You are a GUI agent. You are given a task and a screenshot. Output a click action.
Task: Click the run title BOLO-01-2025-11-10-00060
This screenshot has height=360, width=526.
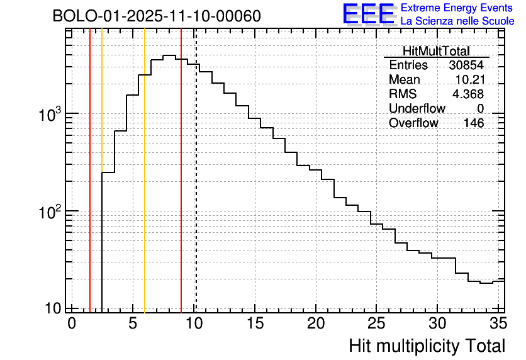pyautogui.click(x=156, y=16)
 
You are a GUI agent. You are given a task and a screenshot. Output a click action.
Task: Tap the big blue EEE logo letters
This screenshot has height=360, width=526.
pyautogui.click(x=368, y=14)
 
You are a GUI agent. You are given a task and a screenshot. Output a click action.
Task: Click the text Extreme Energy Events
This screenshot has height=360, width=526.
pyautogui.click(x=456, y=8)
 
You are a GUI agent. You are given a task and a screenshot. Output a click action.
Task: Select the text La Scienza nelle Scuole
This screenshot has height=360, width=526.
pyautogui.click(x=457, y=21)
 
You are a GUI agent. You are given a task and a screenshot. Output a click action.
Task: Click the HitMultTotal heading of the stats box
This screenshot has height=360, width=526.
pyautogui.click(x=436, y=51)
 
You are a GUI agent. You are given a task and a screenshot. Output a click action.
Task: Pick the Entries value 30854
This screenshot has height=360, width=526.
pyautogui.click(x=466, y=65)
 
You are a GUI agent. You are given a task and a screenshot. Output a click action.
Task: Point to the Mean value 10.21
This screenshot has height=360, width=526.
pyautogui.click(x=469, y=80)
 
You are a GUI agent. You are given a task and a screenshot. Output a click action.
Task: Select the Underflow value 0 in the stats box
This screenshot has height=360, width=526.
pyautogui.click(x=480, y=108)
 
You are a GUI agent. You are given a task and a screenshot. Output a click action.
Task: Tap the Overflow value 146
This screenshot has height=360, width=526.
pyautogui.click(x=474, y=123)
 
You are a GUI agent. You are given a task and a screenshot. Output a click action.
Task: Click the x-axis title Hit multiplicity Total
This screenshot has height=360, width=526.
pyautogui.click(x=427, y=346)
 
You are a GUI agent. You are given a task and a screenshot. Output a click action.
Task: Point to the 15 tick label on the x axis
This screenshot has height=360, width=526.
pyautogui.click(x=254, y=323)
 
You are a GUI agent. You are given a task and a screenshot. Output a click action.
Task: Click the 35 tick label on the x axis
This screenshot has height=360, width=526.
pyautogui.click(x=498, y=323)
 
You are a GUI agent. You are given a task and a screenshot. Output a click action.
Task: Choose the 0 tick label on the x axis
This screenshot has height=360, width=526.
pyautogui.click(x=72, y=323)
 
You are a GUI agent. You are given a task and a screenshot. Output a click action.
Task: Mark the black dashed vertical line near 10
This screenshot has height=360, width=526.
pyautogui.click(x=196, y=189)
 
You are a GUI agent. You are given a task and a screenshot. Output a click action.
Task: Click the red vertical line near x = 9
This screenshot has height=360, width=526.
pyautogui.click(x=181, y=189)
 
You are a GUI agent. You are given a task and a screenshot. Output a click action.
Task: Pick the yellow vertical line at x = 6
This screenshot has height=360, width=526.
pyautogui.click(x=145, y=189)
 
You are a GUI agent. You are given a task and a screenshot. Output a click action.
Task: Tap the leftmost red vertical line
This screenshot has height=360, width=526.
pyautogui.click(x=90, y=189)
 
